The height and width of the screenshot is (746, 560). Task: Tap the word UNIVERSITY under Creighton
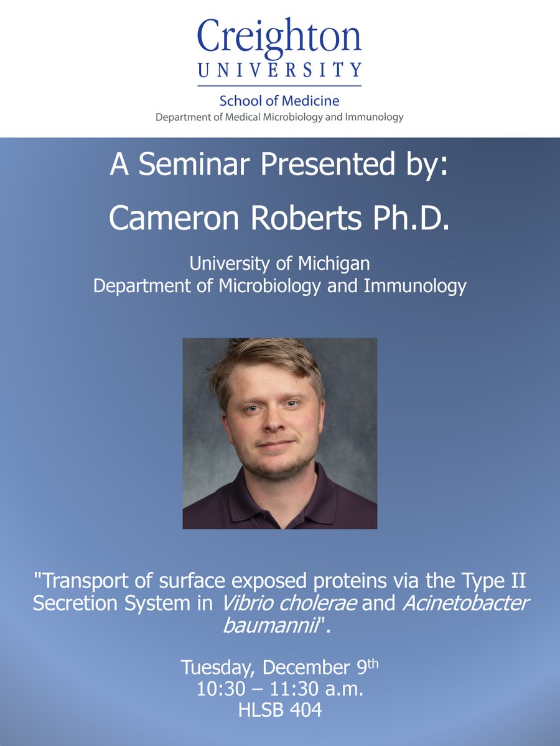279,70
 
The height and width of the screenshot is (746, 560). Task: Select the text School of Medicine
279,101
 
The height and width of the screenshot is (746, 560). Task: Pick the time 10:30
219,689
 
